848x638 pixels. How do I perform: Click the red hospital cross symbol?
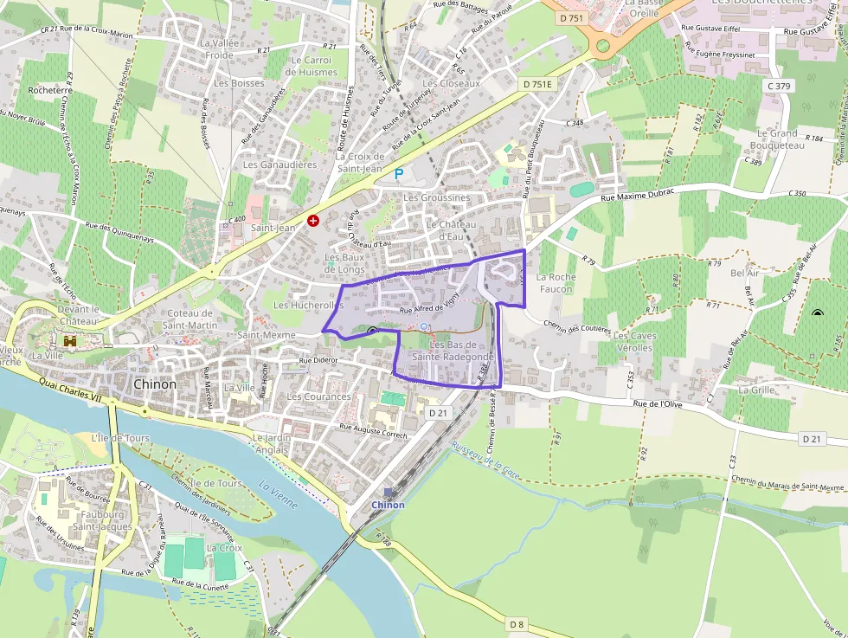point(313,222)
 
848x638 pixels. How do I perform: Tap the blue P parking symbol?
point(399,174)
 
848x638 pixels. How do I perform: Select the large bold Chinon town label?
point(155,384)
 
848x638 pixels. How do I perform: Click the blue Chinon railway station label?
point(388,505)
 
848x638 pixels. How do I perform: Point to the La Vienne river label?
point(278,494)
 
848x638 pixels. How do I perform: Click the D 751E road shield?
point(536,84)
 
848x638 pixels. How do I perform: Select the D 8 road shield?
point(517,624)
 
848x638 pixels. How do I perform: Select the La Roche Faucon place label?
point(555,283)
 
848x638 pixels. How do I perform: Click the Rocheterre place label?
point(50,89)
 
